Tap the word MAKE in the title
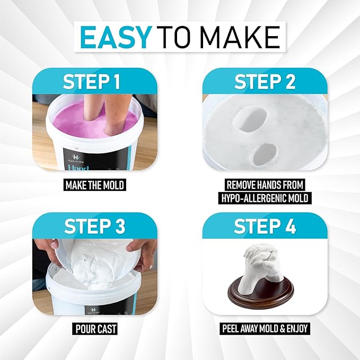[x=241, y=37]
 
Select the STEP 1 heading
[x=92, y=82]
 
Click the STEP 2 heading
[x=265, y=82]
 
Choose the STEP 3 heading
[x=94, y=226]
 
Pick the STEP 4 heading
[x=265, y=226]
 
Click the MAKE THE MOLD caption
[x=95, y=185]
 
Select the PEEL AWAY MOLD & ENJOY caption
[x=265, y=329]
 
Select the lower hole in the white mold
[x=265, y=155]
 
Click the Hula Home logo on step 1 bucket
[x=75, y=159]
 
